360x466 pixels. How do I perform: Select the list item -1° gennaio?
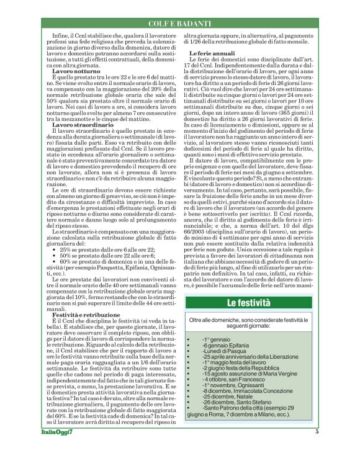(215, 341)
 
